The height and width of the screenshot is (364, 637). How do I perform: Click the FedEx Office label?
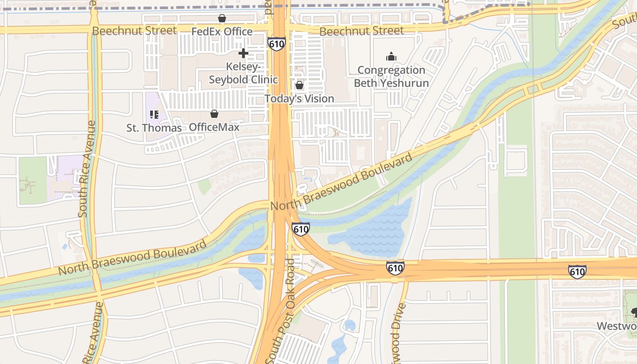(x=222, y=31)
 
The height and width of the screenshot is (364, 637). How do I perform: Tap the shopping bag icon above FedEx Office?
(x=222, y=19)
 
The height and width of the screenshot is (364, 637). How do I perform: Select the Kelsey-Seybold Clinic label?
(x=243, y=73)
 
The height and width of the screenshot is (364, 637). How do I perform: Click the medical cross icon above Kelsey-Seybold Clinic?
(x=243, y=53)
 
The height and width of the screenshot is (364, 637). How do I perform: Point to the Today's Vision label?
(x=299, y=98)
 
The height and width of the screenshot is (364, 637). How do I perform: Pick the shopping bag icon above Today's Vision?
(x=299, y=85)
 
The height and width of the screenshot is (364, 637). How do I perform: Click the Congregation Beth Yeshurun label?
(x=391, y=76)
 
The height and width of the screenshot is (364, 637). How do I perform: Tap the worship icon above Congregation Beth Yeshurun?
(x=391, y=57)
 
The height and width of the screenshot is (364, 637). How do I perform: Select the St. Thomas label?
(x=154, y=128)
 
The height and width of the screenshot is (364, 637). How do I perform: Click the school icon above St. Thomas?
(x=154, y=115)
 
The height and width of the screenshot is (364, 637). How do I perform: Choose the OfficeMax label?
(x=214, y=127)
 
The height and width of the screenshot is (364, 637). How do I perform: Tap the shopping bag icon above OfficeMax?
(x=214, y=114)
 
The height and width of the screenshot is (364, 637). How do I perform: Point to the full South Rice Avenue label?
(x=87, y=168)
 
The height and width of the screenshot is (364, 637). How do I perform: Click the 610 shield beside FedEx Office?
(x=277, y=44)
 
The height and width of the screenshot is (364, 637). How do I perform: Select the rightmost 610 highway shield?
(x=577, y=272)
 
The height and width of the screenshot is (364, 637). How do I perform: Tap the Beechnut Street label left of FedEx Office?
(x=134, y=30)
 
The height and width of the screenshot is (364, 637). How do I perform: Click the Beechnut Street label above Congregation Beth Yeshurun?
(x=361, y=31)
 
